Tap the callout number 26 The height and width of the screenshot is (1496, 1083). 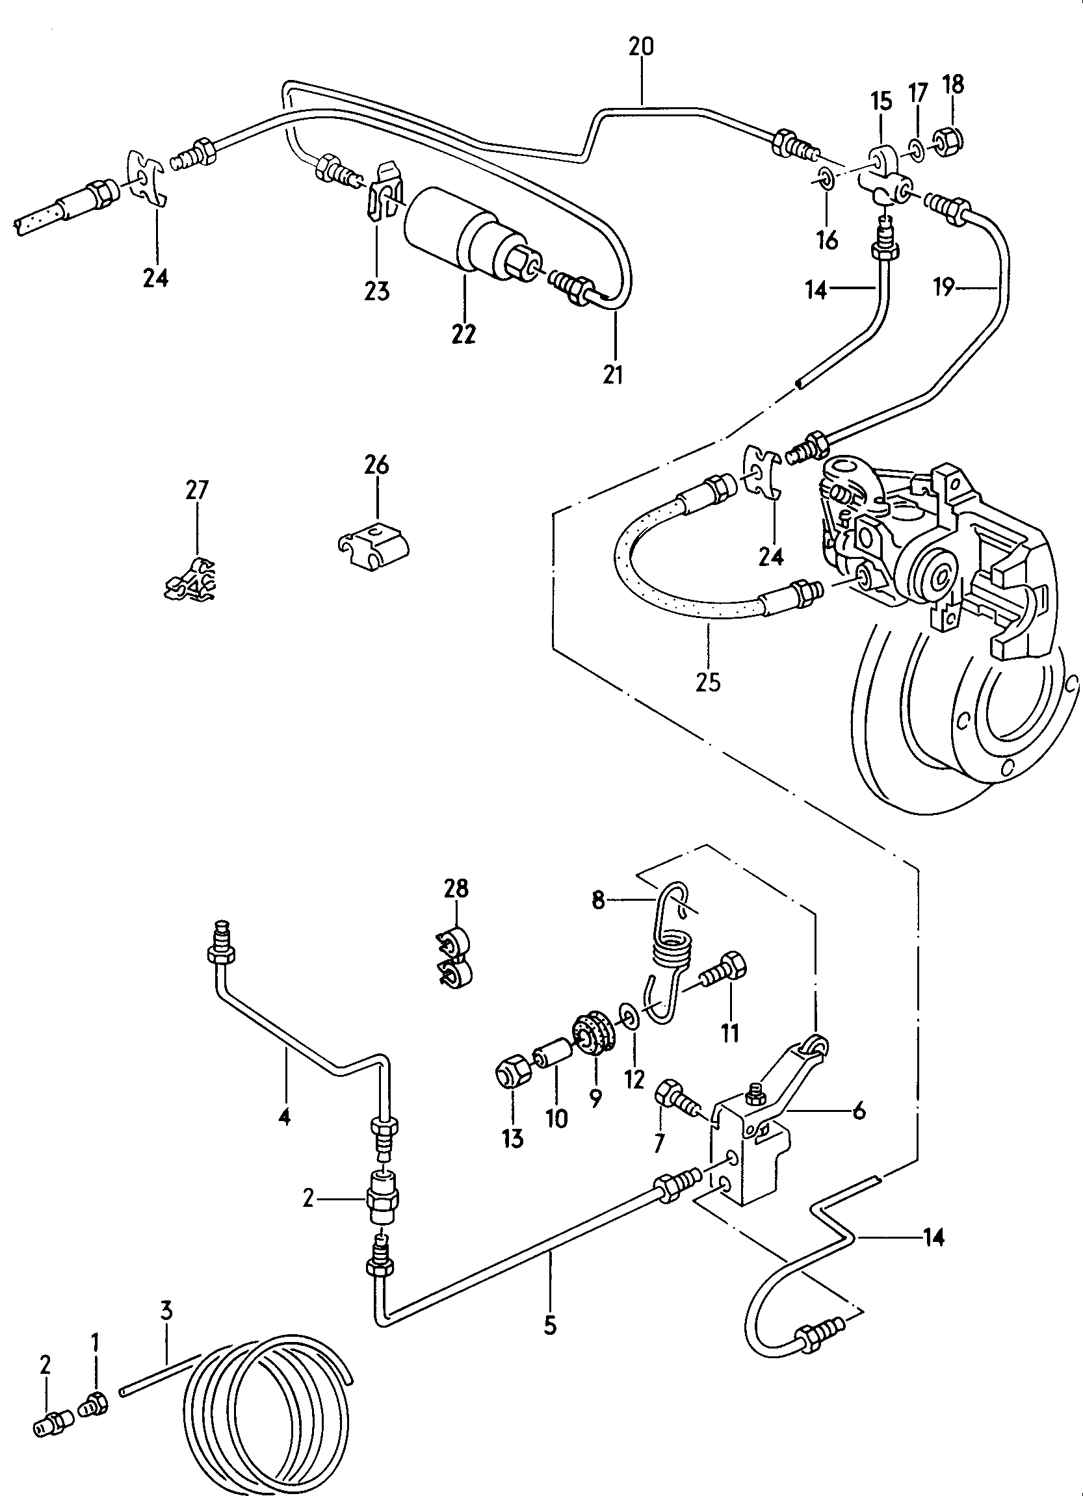pyautogui.click(x=376, y=466)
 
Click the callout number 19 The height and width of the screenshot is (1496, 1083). pyautogui.click(x=944, y=287)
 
